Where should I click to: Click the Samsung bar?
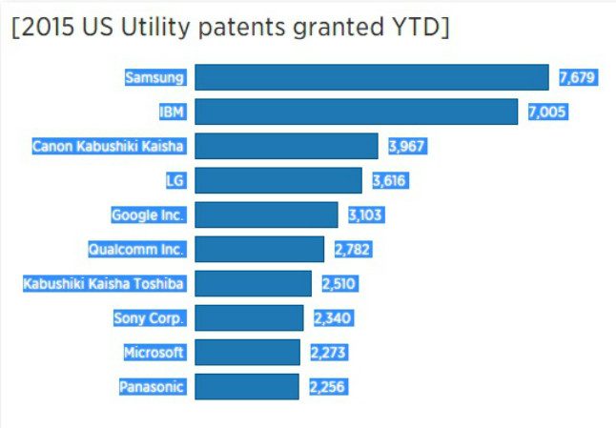point(372,77)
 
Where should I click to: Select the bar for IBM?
point(357,112)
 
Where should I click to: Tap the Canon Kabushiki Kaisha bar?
point(287,146)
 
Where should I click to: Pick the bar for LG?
point(278,180)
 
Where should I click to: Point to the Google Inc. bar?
point(266,214)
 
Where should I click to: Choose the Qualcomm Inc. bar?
point(259,249)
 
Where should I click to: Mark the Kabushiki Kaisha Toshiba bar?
point(253,283)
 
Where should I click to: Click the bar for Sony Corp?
point(249,317)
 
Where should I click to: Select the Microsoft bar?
point(247,352)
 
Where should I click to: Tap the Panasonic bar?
point(247,386)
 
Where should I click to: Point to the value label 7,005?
point(547,112)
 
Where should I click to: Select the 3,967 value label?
point(407,146)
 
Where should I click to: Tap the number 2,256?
point(327,386)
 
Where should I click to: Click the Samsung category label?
point(155,77)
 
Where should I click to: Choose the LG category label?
point(175,180)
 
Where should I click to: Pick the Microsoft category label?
point(154,352)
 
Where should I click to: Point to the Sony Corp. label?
point(149,317)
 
